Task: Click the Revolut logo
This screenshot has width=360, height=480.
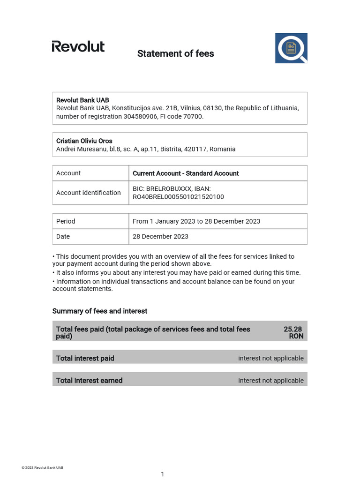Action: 78,46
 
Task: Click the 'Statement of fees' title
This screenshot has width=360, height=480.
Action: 175,54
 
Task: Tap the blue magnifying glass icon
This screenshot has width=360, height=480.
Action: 291,48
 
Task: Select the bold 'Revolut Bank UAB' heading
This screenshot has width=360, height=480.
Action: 82,100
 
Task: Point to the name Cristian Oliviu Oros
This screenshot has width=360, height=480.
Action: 84,141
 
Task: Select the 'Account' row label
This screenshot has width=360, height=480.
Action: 68,173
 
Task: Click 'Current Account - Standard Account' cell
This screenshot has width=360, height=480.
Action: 186,173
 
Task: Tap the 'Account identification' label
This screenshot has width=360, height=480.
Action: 89,193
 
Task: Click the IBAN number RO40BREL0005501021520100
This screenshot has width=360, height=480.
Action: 178,197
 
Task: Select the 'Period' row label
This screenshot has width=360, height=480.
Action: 66,221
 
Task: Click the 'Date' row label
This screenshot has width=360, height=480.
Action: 63,236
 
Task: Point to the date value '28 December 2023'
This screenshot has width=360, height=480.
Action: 160,236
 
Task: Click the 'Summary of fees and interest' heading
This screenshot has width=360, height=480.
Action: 100,311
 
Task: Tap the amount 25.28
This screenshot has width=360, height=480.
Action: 293,329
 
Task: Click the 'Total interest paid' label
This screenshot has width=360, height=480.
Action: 85,358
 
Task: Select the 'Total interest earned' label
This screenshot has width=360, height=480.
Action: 89,381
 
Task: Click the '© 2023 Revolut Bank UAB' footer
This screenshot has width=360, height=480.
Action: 42,468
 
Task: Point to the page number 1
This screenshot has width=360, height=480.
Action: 163,474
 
